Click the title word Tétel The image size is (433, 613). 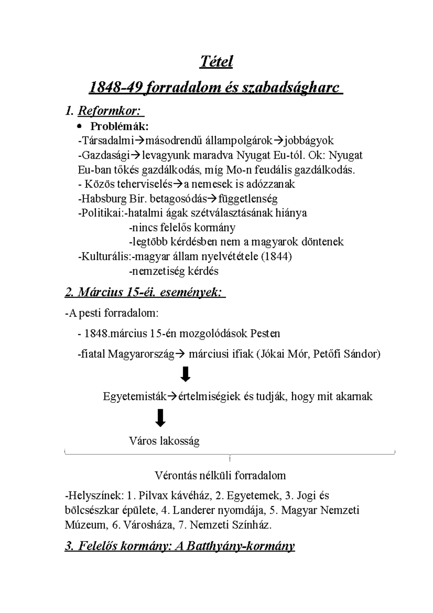(x=216, y=62)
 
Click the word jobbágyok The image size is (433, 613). (x=309, y=140)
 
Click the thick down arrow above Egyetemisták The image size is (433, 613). (x=185, y=375)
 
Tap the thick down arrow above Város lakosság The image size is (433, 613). (x=160, y=418)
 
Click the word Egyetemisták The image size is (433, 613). (x=135, y=396)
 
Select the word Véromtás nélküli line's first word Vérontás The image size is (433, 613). (x=175, y=475)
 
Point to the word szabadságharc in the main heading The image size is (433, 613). (x=290, y=88)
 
